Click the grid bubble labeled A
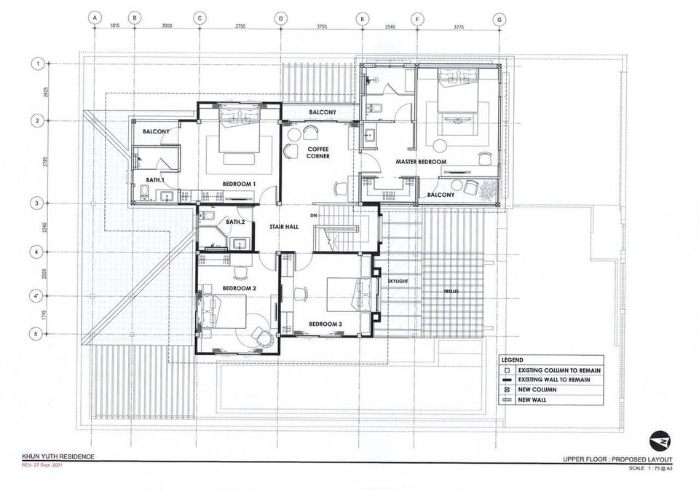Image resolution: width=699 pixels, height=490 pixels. click(x=95, y=17)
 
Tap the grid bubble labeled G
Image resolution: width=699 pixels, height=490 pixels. click(x=499, y=19)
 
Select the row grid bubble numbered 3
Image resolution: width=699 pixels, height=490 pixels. click(x=37, y=203)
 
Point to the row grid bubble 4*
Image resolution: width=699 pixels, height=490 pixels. click(x=37, y=296)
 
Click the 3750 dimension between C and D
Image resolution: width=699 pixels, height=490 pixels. click(x=240, y=26)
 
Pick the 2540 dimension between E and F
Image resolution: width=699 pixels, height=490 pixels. click(x=390, y=27)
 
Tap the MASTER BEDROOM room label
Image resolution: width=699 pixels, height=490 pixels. click(x=421, y=162)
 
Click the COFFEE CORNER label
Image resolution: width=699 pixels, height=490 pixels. click(x=318, y=152)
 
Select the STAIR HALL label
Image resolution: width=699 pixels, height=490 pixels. click(x=284, y=227)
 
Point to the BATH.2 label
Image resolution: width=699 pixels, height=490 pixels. click(x=235, y=222)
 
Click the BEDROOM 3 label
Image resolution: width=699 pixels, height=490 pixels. click(x=325, y=324)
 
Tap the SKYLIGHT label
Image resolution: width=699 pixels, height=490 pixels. click(x=398, y=281)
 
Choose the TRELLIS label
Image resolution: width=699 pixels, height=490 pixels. click(x=451, y=292)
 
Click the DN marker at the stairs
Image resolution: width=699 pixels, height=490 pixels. click(x=314, y=216)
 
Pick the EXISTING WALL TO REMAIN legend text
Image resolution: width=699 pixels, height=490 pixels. click(x=554, y=380)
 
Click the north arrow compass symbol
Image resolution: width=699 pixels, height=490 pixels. click(x=660, y=441)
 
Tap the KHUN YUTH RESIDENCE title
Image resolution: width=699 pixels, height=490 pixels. click(x=58, y=456)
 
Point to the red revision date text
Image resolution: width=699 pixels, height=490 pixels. click(x=43, y=465)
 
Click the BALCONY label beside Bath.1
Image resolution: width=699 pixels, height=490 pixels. click(x=156, y=131)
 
